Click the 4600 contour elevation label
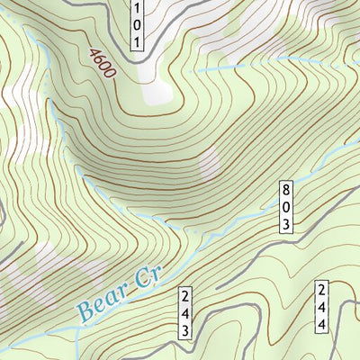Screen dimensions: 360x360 coord(102,62)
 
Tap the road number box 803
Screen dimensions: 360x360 coord(286,206)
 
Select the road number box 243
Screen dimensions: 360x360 coord(185,312)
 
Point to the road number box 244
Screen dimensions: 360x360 coord(321,308)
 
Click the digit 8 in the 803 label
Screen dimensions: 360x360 coord(286,190)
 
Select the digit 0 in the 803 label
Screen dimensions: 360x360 coord(286,206)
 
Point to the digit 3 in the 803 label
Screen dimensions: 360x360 coord(286,222)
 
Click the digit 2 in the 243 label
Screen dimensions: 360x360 coord(185,296)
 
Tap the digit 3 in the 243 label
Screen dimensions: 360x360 coord(185,329)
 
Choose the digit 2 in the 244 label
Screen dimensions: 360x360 coord(321,291)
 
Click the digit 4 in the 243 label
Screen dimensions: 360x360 coord(185,312)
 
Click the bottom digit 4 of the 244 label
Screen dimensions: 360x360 coord(321,325)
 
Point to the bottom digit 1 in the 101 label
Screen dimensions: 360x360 coord(136,42)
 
